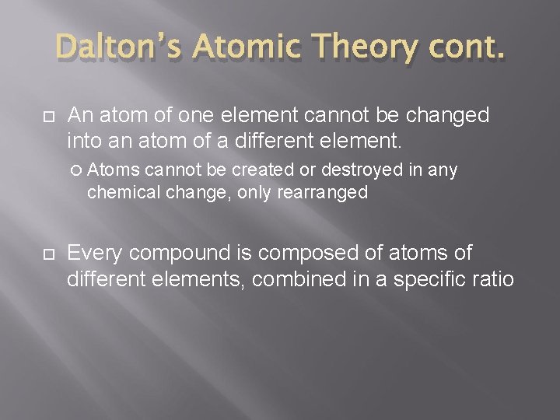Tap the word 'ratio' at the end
495,278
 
